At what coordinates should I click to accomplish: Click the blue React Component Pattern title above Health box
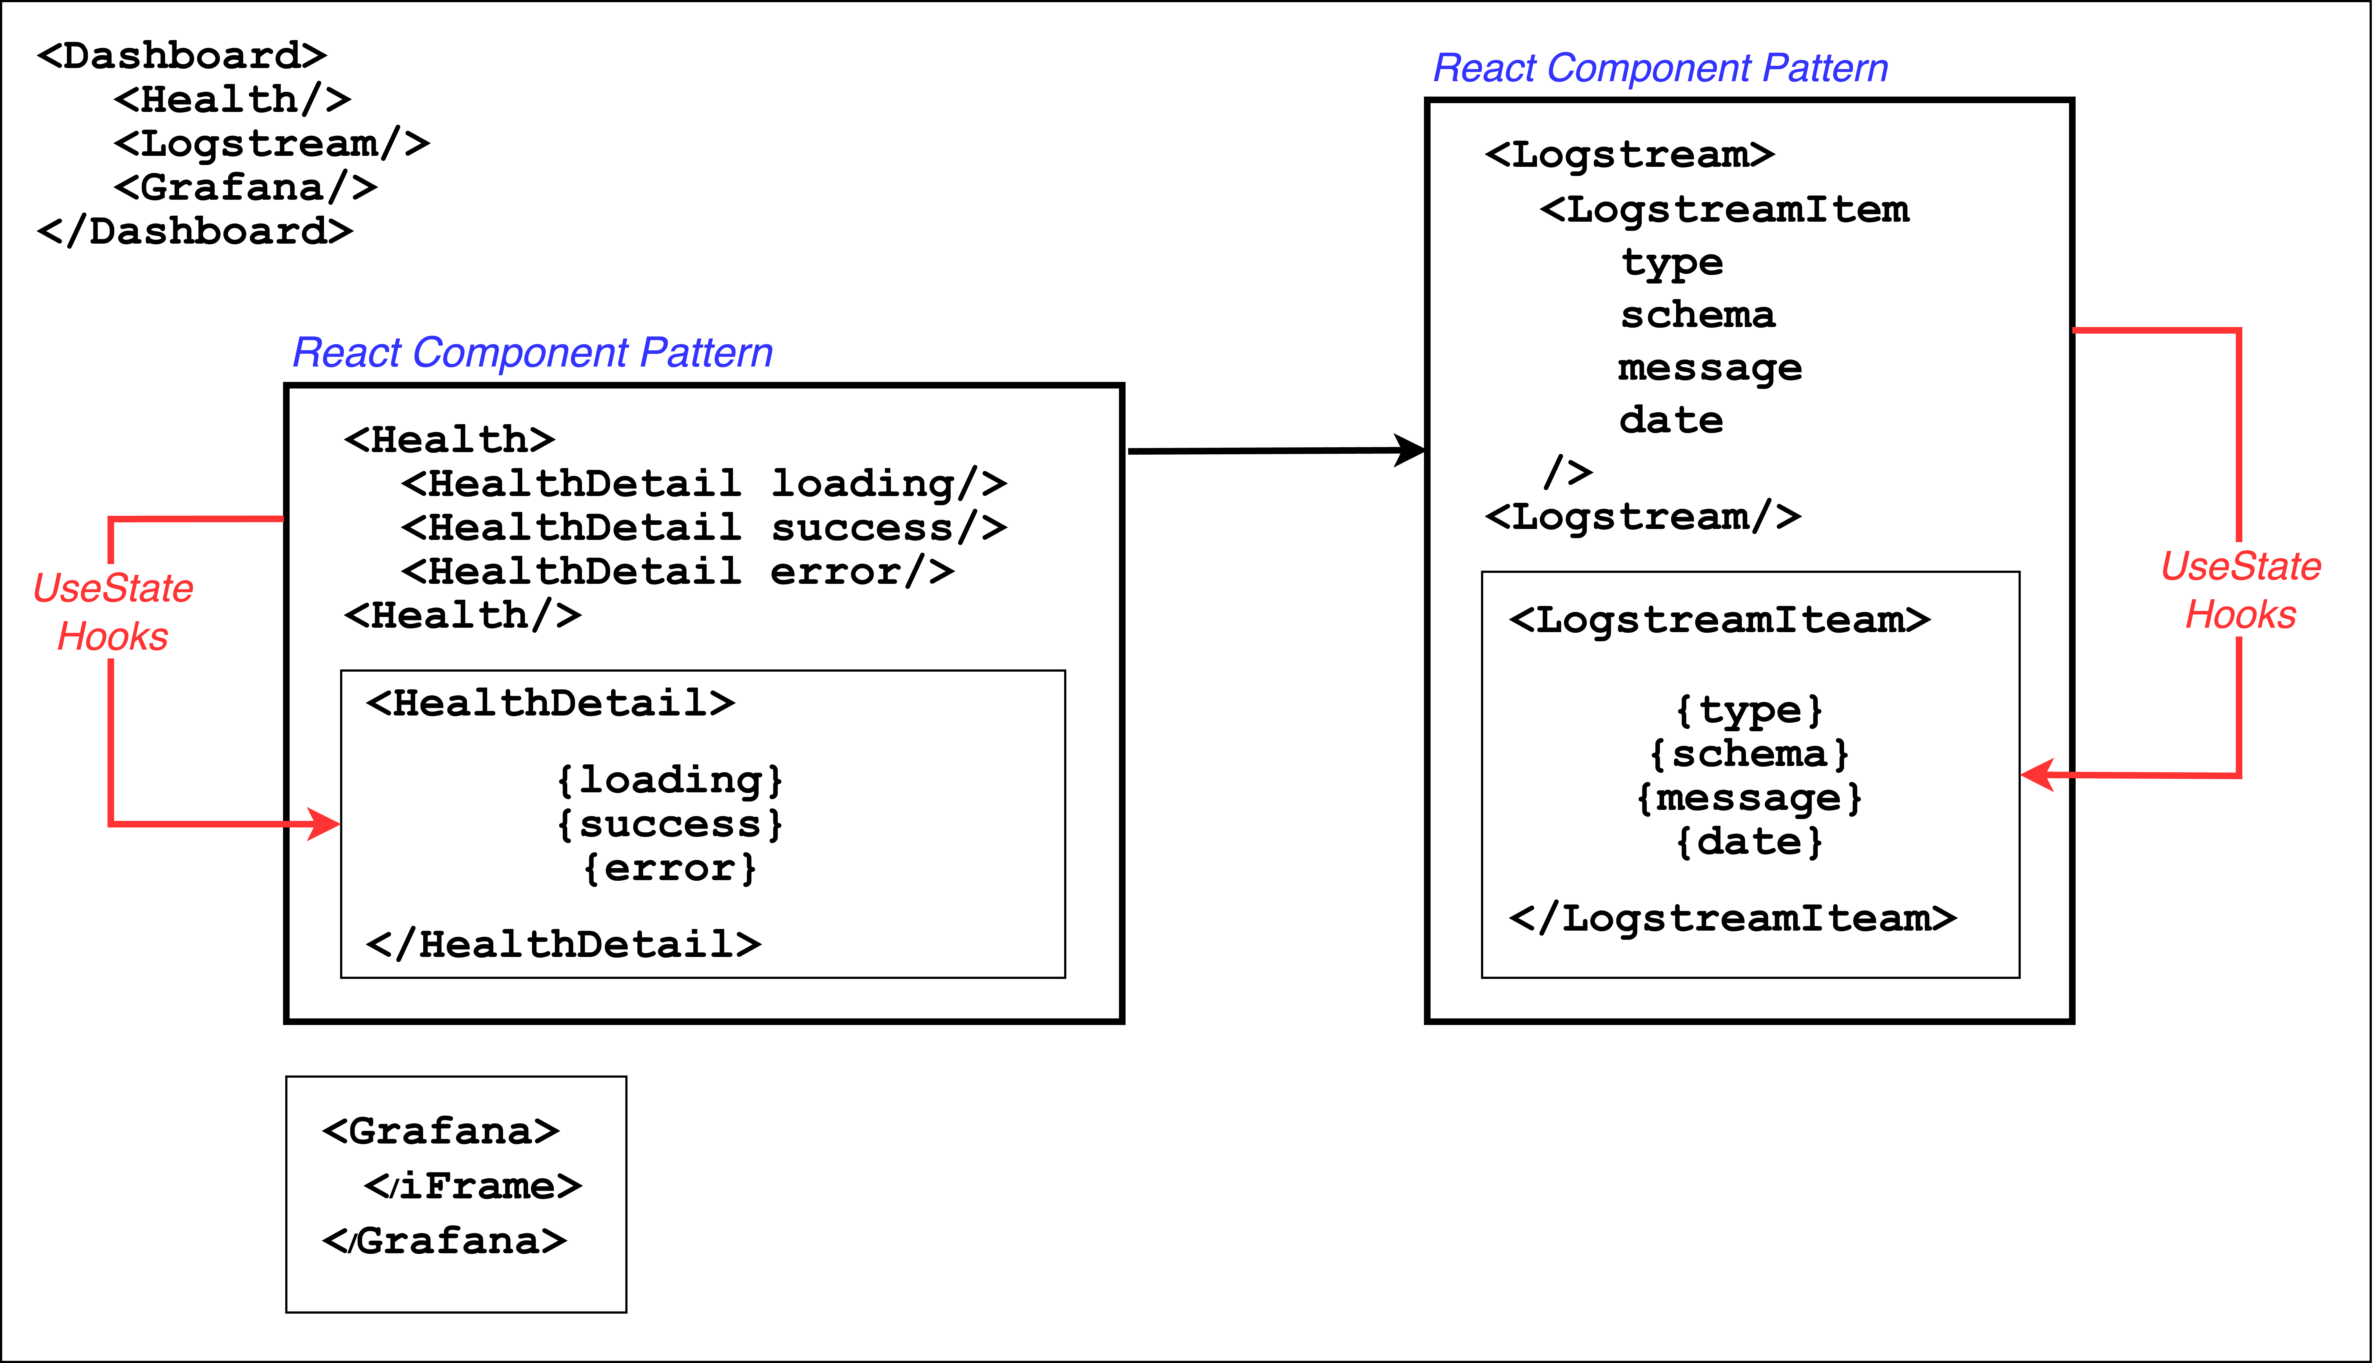click(532, 353)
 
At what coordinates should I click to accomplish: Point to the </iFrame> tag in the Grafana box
click(473, 1186)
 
